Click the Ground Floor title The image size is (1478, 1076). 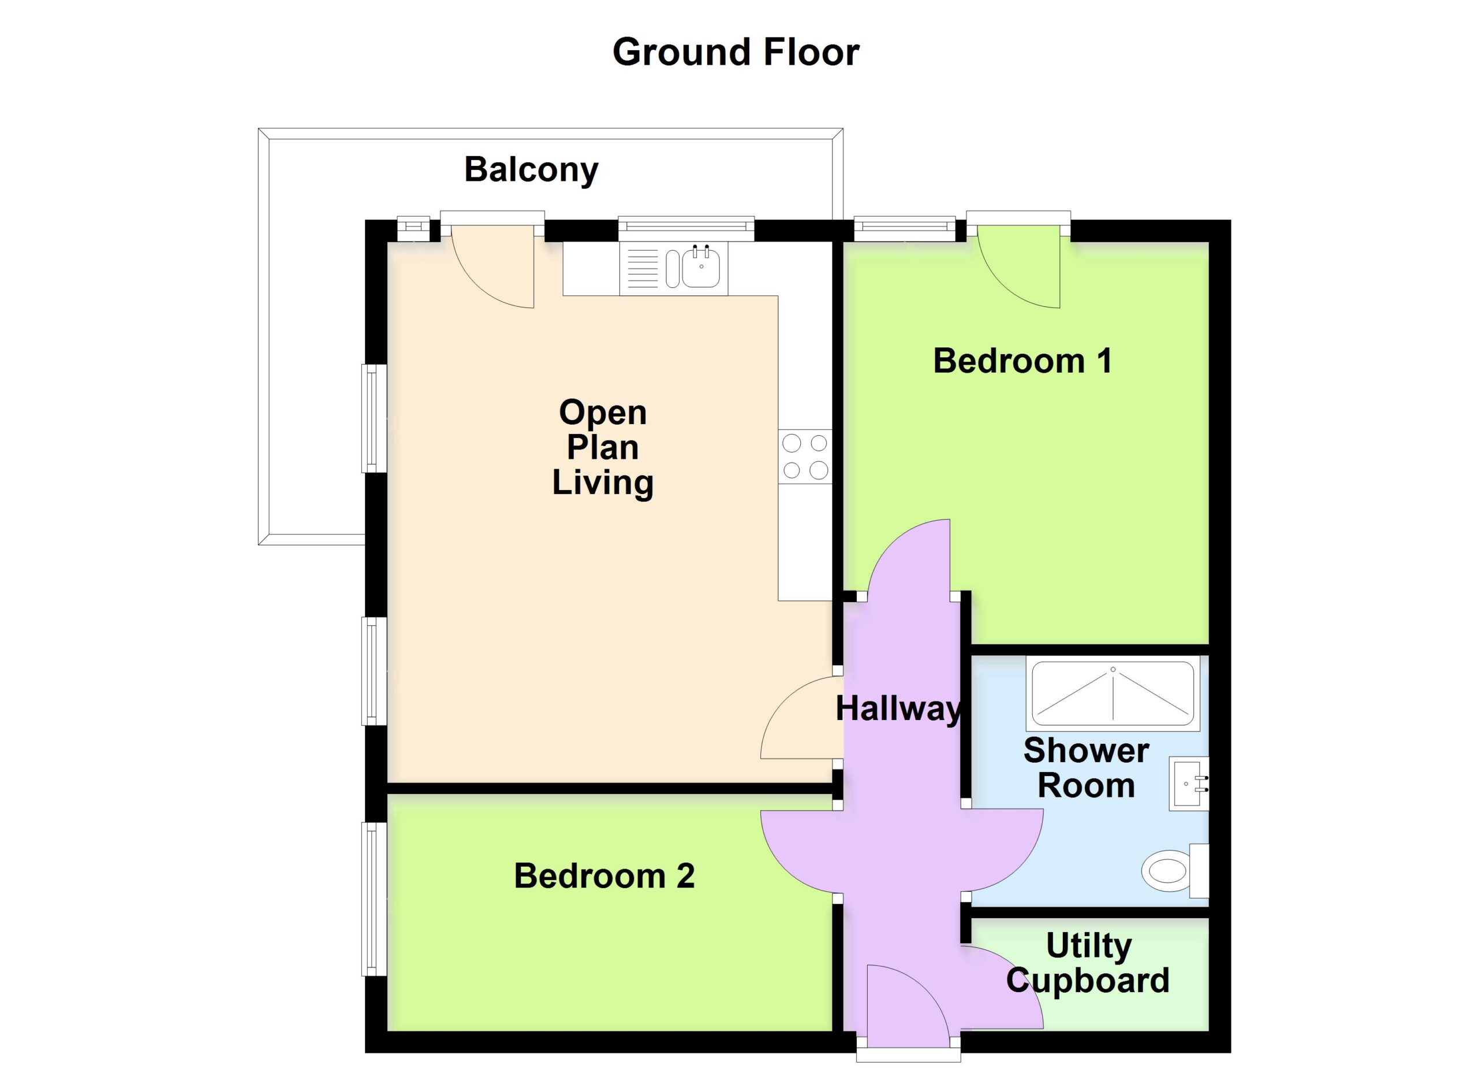[736, 52]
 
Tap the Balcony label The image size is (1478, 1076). [531, 170]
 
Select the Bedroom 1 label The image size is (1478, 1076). [1022, 361]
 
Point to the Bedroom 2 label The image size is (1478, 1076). [604, 876]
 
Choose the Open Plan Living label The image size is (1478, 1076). [603, 448]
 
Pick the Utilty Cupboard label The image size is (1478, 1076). [1088, 963]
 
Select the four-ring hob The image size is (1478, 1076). [805, 457]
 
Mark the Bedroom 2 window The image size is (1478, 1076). [374, 899]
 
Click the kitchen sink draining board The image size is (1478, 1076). [643, 268]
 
